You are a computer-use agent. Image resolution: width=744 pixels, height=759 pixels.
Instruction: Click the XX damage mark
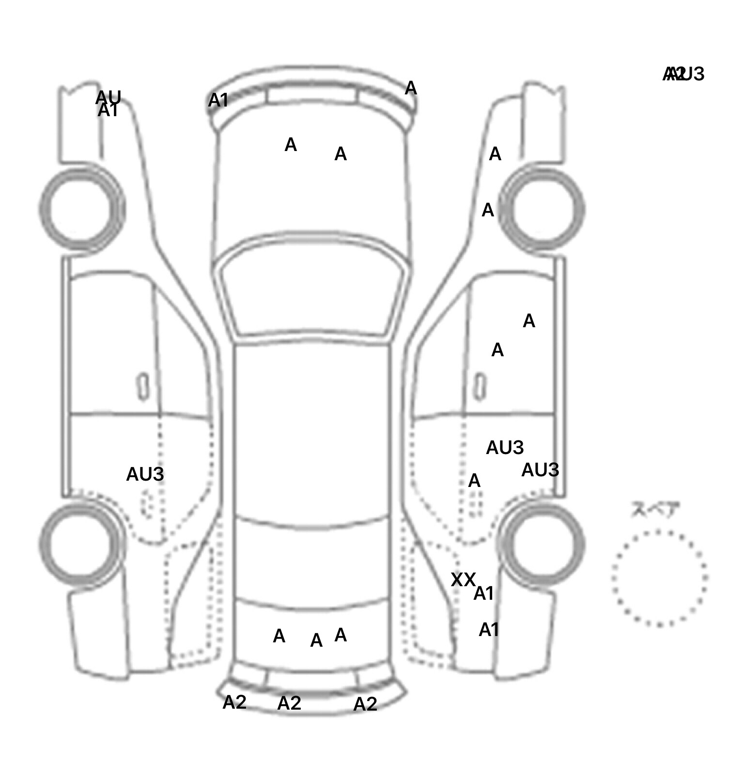pyautogui.click(x=463, y=579)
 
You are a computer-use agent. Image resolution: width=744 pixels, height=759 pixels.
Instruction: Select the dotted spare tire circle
pyautogui.click(x=659, y=578)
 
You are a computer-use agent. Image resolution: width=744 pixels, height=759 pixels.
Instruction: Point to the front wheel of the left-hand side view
pyautogui.click(x=81, y=209)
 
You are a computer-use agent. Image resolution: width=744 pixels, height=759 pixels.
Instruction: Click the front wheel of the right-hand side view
pyautogui.click(x=542, y=209)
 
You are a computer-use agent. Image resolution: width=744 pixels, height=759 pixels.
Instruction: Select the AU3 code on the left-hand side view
pyautogui.click(x=145, y=474)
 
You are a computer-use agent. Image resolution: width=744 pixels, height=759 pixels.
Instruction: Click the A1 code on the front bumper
pyautogui.click(x=218, y=101)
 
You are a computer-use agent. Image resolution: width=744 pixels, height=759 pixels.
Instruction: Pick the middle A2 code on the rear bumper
pyautogui.click(x=289, y=703)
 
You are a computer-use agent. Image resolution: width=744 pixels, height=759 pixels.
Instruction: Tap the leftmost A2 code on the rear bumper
pyautogui.click(x=234, y=702)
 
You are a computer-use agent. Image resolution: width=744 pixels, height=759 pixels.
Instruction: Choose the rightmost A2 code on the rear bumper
pyautogui.click(x=365, y=704)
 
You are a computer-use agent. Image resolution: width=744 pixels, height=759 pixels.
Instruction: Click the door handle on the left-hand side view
pyautogui.click(x=143, y=386)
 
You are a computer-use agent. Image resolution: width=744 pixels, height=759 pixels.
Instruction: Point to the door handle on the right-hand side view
pyautogui.click(x=480, y=386)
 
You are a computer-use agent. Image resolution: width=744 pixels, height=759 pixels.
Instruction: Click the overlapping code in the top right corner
pyautogui.click(x=683, y=74)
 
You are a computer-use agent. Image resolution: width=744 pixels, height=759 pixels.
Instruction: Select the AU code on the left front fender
pyautogui.click(x=108, y=97)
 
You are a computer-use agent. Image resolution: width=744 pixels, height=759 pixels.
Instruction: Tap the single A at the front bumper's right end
pyautogui.click(x=411, y=88)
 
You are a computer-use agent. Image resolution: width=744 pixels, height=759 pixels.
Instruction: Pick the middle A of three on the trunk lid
pyautogui.click(x=316, y=640)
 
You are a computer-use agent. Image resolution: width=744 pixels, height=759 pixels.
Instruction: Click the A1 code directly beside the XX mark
pyautogui.click(x=483, y=593)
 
